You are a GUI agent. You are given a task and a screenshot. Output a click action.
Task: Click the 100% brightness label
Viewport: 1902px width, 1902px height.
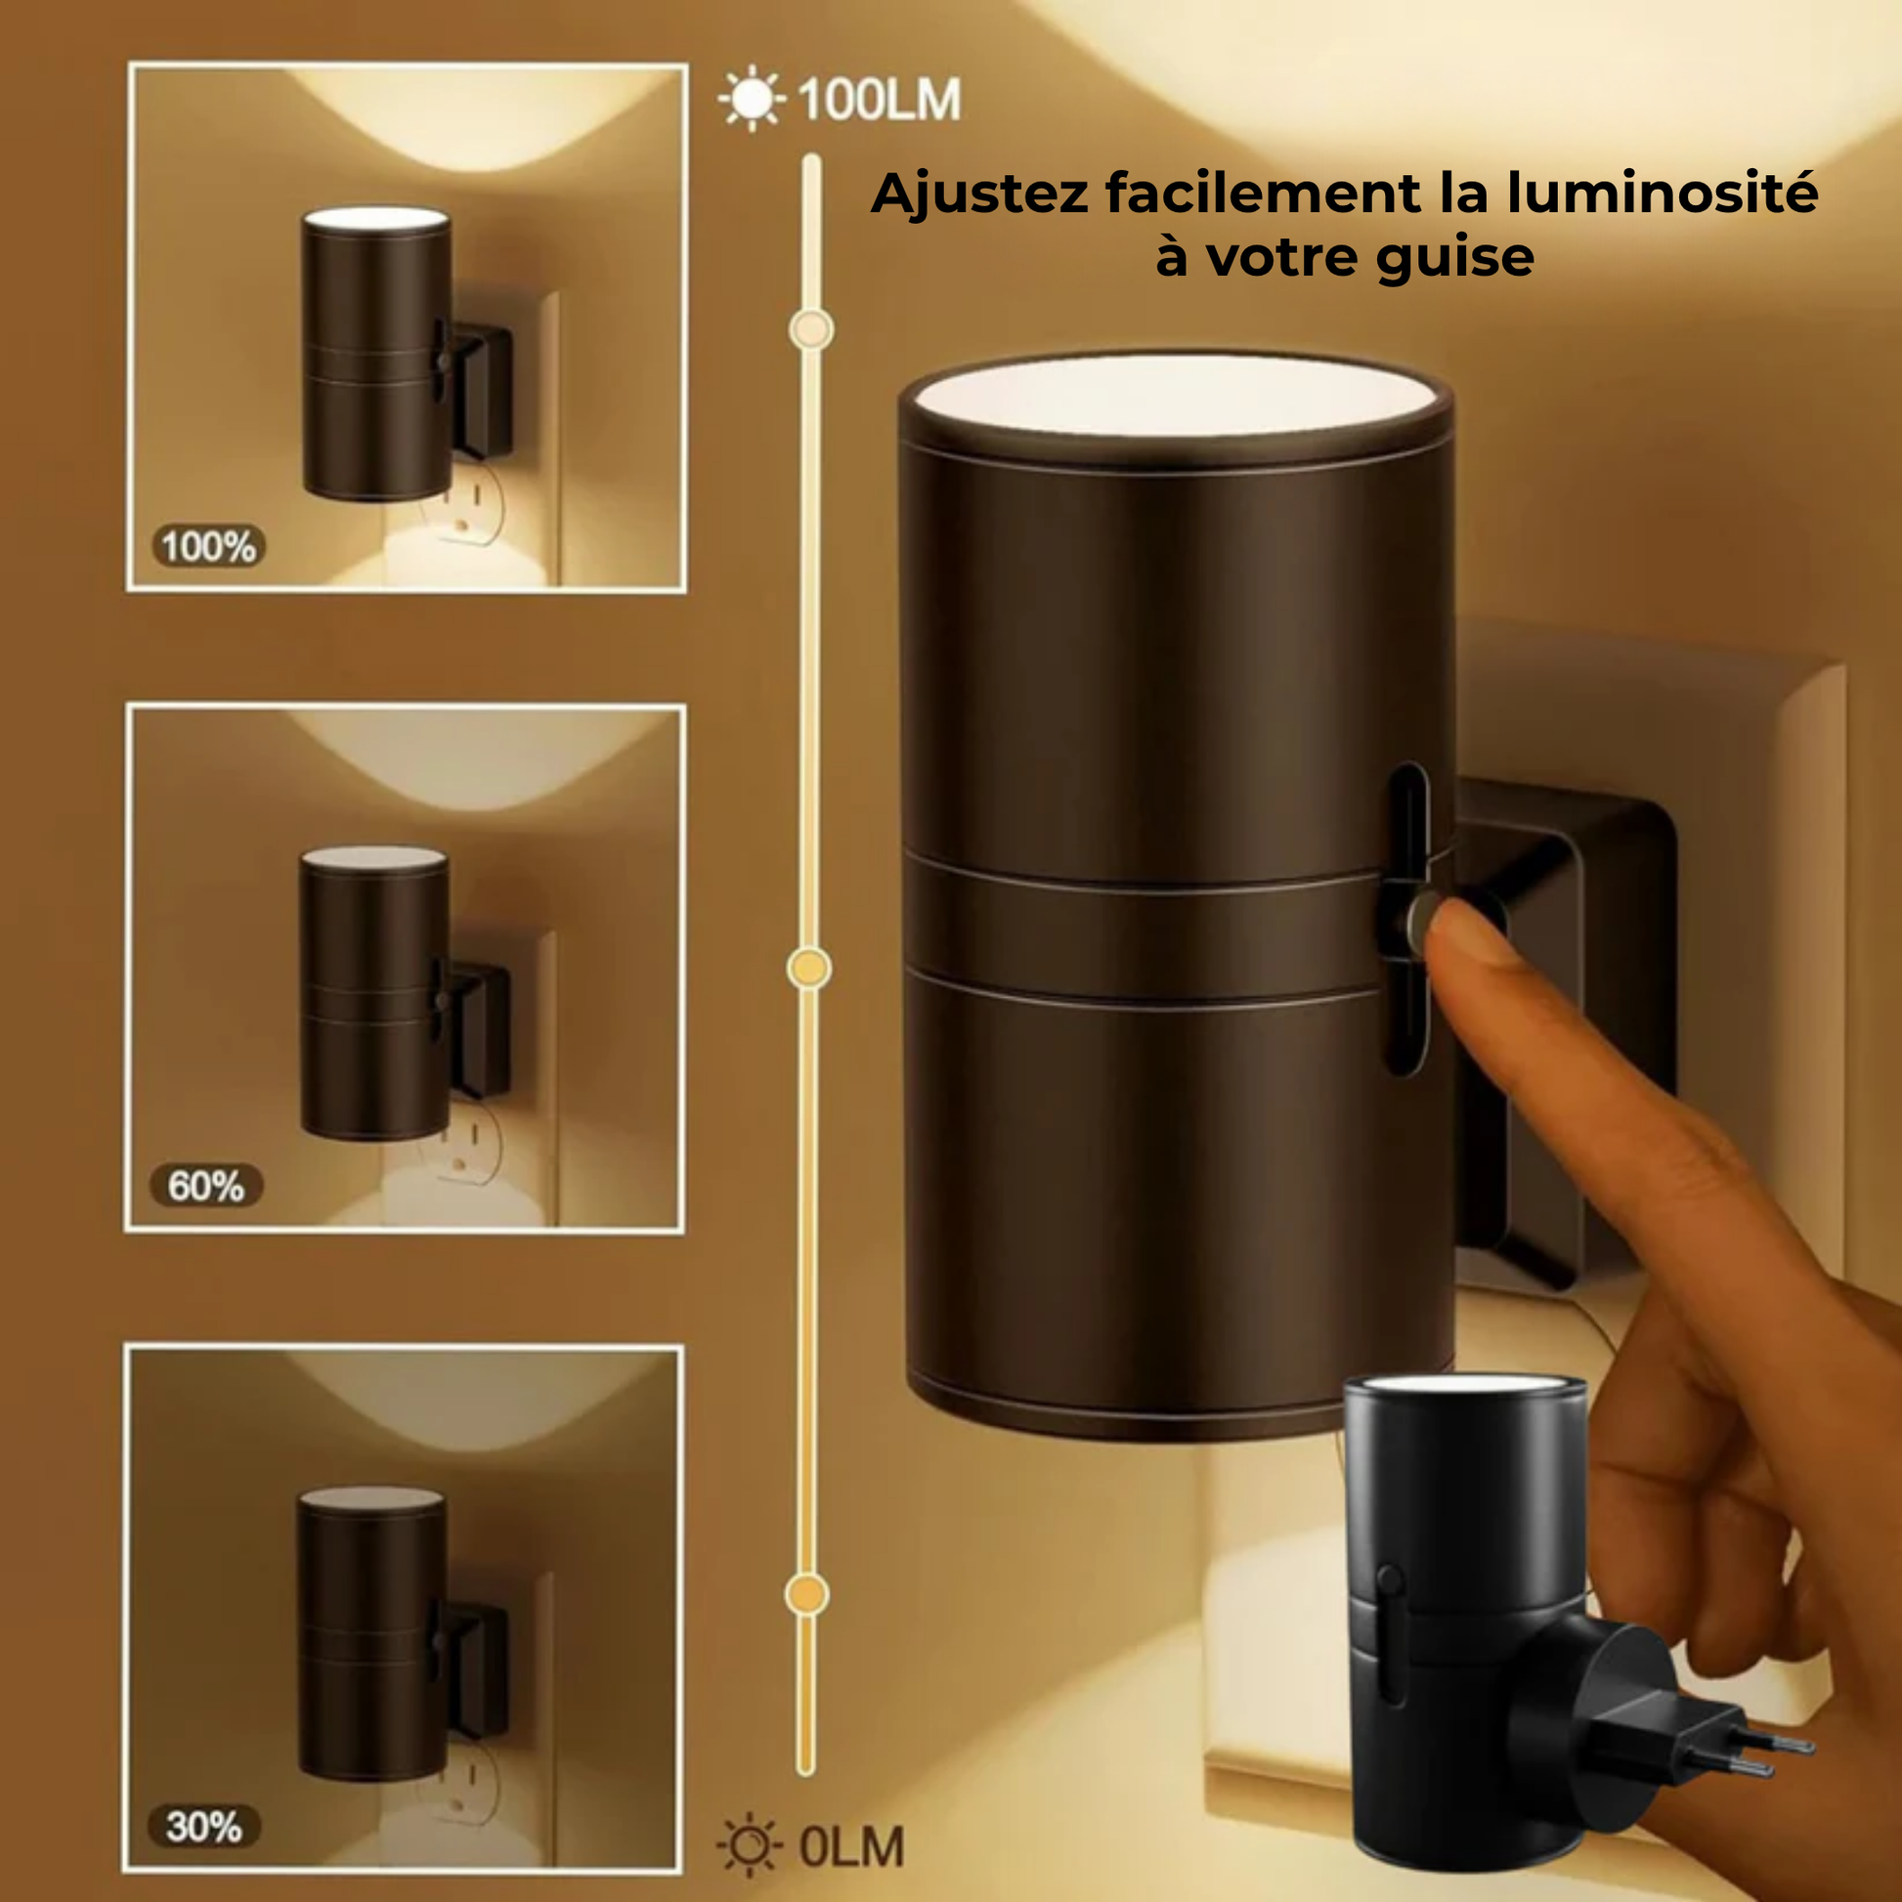pyautogui.click(x=209, y=546)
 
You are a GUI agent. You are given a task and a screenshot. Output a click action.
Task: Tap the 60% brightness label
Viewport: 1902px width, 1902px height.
pyautogui.click(x=207, y=1186)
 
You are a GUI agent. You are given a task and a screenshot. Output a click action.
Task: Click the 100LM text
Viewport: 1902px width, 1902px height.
pyautogui.click(x=879, y=101)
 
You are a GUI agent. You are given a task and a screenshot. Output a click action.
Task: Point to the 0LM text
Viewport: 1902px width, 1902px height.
pyautogui.click(x=850, y=1846)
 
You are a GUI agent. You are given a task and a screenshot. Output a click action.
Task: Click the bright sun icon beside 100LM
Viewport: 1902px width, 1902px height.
pyautogui.click(x=753, y=99)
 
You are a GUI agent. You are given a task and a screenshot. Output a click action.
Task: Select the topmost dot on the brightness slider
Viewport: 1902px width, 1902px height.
pyautogui.click(x=811, y=329)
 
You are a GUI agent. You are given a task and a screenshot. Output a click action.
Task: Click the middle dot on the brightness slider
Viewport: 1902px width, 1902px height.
pyautogui.click(x=809, y=969)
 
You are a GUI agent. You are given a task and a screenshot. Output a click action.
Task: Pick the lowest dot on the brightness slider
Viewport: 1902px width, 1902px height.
pyautogui.click(x=807, y=1594)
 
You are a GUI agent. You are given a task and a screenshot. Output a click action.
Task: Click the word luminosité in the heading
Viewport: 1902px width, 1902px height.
pyautogui.click(x=1663, y=193)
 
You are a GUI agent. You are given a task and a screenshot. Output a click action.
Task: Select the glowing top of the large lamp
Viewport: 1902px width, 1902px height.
pyautogui.click(x=1176, y=397)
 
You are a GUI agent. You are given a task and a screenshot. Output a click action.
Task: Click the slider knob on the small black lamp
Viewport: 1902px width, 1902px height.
pyautogui.click(x=1389, y=1580)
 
